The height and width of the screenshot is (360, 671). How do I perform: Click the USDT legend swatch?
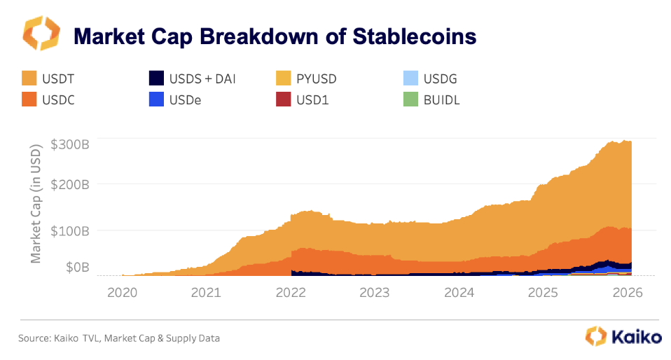(29, 78)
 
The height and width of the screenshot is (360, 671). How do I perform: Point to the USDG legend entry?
(441, 78)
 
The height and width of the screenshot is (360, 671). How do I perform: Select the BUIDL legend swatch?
(413, 99)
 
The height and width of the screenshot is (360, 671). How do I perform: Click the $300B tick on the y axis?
(69, 146)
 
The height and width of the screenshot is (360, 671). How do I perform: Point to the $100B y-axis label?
(69, 230)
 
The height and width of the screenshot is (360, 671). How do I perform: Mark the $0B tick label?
(74, 267)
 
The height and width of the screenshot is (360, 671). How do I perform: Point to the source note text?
(118, 338)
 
